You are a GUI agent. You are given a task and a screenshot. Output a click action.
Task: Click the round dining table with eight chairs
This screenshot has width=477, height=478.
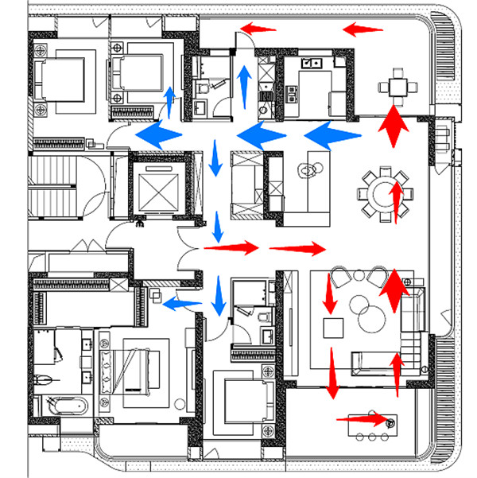click(380, 192)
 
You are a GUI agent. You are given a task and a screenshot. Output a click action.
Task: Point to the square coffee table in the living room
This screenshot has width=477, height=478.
click(332, 327)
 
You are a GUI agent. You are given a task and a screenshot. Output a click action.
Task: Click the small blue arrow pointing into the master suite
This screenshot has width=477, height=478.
click(181, 302)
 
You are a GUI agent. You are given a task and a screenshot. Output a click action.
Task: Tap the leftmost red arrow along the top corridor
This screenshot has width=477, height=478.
click(258, 29)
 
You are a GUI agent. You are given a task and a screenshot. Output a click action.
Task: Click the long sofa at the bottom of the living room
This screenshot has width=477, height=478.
click(374, 363)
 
